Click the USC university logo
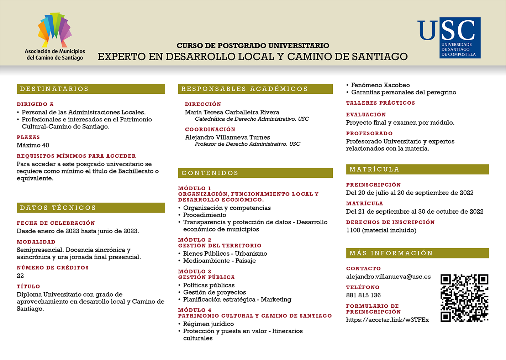(x=449, y=38)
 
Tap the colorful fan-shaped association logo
(x=55, y=30)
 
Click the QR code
(x=464, y=298)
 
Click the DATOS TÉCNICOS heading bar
(x=90, y=208)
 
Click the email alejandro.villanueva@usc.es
(x=388, y=277)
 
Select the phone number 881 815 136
(x=363, y=295)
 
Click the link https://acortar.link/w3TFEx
(x=388, y=320)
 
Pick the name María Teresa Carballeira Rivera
(x=232, y=112)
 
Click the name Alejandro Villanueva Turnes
(x=227, y=137)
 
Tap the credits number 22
(x=20, y=276)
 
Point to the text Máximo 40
(x=33, y=145)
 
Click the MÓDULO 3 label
(x=195, y=272)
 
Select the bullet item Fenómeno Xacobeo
(x=380, y=85)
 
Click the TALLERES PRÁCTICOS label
(x=380, y=103)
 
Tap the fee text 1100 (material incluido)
(x=381, y=230)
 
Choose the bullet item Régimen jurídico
(x=208, y=324)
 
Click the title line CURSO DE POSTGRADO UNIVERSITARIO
(x=253, y=46)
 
